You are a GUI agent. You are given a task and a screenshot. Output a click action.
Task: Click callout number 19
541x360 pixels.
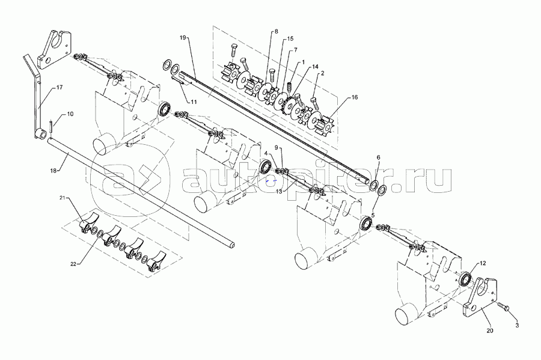(182, 37)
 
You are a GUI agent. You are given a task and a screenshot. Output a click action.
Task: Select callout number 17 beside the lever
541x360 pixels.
(60, 88)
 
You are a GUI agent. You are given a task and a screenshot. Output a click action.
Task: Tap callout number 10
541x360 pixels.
(71, 114)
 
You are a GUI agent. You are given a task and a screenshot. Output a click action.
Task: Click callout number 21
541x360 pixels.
(63, 197)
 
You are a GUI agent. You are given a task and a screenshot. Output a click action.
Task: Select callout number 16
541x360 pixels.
(355, 97)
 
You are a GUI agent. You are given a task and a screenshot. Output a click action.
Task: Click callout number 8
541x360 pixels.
(276, 31)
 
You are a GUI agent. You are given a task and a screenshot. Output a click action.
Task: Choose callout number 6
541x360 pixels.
(377, 157)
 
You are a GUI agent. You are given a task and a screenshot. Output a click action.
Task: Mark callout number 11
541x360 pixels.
(194, 102)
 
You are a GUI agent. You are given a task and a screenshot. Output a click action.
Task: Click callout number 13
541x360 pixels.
(279, 191)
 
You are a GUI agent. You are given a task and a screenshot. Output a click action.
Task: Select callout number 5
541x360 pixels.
(373, 215)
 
